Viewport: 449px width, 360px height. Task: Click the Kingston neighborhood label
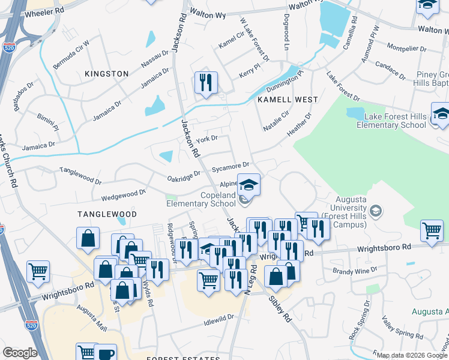pyautogui.click(x=107, y=74)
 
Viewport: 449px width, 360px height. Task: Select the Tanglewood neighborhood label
pyautogui.click(x=106, y=214)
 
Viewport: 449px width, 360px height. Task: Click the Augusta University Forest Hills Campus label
pyautogui.click(x=343, y=220)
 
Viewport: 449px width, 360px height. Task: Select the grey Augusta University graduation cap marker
pyautogui.click(x=376, y=211)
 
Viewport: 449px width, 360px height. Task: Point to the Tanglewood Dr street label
pyautogui.click(x=80, y=175)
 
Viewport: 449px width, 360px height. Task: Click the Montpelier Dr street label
pyautogui.click(x=406, y=47)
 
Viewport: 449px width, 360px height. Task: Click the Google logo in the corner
pyautogui.click(x=20, y=353)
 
